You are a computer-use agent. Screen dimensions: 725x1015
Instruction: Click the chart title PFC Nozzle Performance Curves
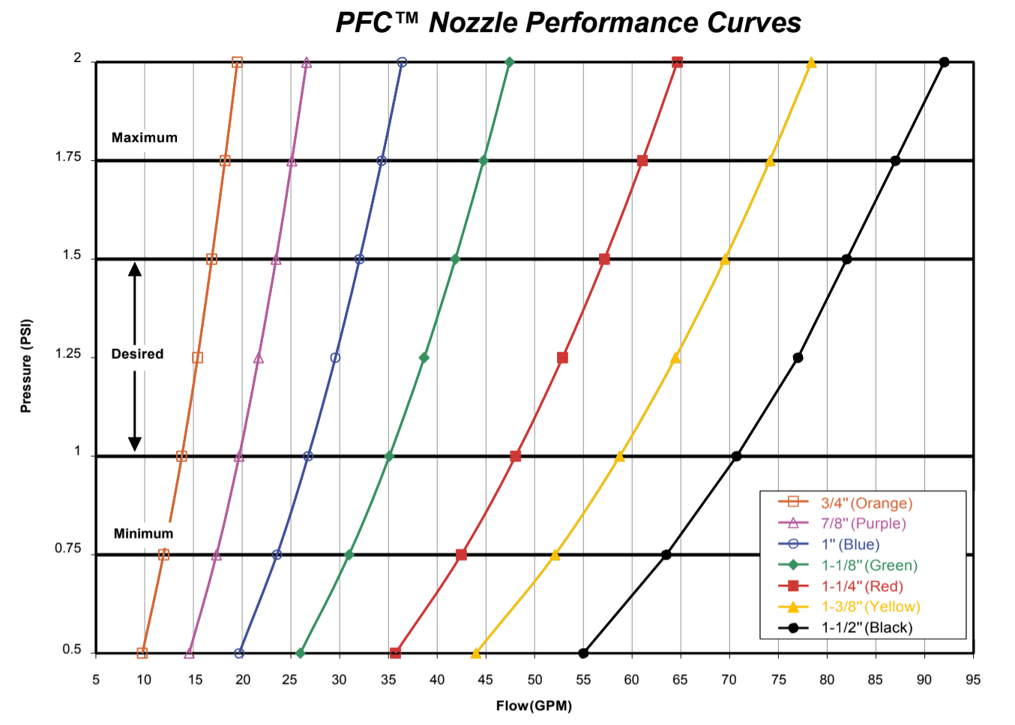[568, 22]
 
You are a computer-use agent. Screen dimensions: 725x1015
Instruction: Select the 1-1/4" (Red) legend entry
[862, 586]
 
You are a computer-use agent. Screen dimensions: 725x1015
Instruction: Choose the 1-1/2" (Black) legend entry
[867, 628]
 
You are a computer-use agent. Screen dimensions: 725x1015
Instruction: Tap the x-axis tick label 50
[534, 679]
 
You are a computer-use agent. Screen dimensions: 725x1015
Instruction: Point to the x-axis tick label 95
[973, 679]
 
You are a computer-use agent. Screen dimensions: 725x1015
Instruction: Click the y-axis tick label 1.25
[68, 354]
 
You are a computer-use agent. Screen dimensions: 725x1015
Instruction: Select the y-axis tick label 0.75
[68, 549]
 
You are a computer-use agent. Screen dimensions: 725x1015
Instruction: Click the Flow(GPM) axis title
[534, 706]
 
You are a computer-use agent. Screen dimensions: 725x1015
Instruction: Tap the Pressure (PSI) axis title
[26, 366]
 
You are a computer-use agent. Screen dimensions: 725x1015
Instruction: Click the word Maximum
[145, 138]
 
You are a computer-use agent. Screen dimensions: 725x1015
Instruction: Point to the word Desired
[137, 354]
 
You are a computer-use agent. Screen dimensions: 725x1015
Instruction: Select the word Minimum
[143, 534]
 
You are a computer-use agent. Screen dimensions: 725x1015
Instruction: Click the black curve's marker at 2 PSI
[945, 62]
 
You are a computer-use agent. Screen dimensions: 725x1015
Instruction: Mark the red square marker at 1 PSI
[515, 456]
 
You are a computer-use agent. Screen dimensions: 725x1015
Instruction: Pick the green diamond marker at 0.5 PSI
[301, 653]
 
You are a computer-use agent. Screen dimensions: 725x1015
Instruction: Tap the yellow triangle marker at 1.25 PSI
[675, 358]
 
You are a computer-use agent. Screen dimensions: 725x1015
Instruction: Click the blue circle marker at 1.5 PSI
[359, 259]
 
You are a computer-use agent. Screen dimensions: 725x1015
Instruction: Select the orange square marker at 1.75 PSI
[225, 161]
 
